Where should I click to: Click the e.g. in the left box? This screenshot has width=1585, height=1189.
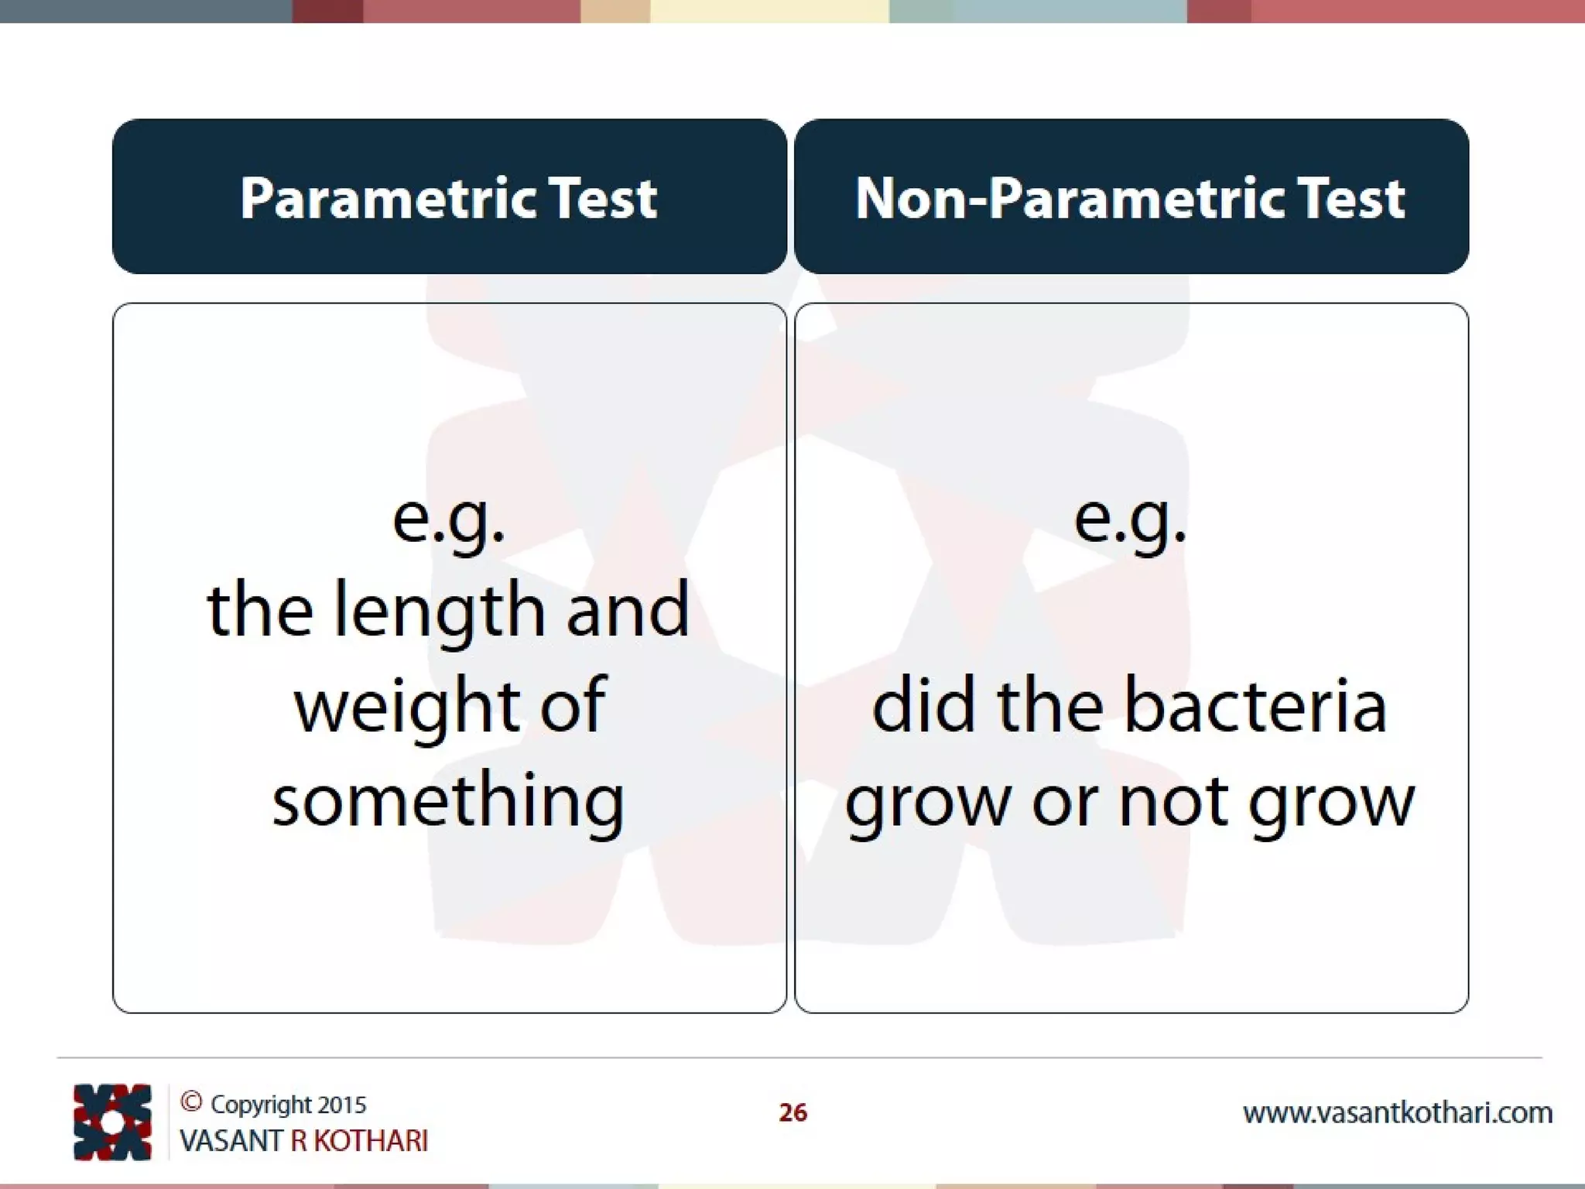click(449, 519)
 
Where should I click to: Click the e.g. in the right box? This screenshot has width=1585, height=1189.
click(1130, 519)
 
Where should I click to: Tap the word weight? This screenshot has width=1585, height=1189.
click(407, 706)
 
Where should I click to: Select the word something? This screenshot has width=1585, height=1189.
click(449, 802)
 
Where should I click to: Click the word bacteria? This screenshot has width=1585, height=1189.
click(1255, 706)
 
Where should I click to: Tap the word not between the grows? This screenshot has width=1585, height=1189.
click(1174, 802)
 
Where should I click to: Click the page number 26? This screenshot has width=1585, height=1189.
click(792, 1112)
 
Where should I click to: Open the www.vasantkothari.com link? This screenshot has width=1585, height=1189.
click(1398, 1113)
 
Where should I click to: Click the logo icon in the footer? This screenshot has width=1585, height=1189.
click(112, 1122)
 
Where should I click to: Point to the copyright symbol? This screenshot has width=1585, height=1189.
click(191, 1102)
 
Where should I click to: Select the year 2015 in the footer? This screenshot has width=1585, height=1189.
click(341, 1105)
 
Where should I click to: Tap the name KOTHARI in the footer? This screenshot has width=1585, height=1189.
click(371, 1141)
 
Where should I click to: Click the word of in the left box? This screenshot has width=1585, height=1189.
click(572, 706)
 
